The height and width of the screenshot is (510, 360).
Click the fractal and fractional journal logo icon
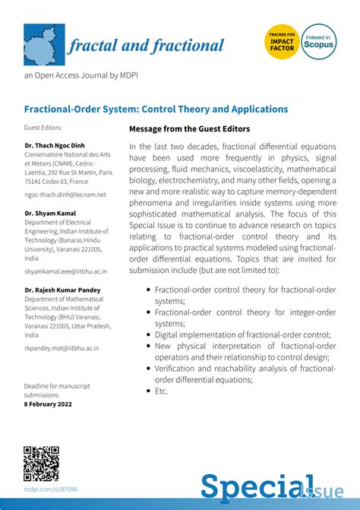(43, 45)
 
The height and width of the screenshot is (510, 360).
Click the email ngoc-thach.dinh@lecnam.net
(65, 195)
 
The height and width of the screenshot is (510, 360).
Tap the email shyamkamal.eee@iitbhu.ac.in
(65, 271)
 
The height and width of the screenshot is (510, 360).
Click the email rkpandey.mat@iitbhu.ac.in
(62, 347)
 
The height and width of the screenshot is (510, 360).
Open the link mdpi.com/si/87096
(50, 489)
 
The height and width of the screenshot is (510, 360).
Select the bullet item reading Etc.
(160, 391)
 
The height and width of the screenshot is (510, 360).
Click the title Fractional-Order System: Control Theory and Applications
(156, 109)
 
